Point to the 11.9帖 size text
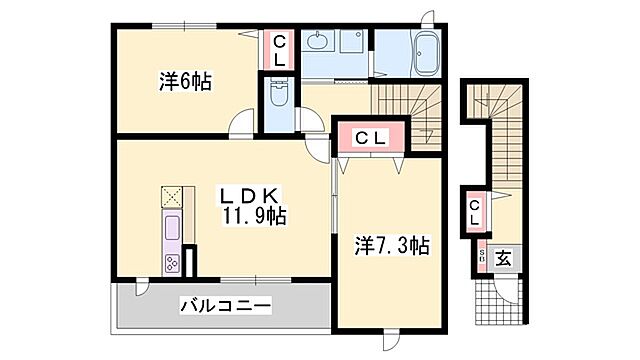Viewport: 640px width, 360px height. pyautogui.click(x=257, y=215)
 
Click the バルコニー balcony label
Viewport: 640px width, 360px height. pyautogui.click(x=225, y=305)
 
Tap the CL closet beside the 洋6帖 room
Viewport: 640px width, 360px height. pyautogui.click(x=279, y=50)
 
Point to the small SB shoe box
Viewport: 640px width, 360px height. pyautogui.click(x=480, y=256)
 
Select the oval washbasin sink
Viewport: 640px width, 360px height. pyautogui.click(x=318, y=43)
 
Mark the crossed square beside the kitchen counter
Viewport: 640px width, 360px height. pyautogui.click(x=171, y=195)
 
